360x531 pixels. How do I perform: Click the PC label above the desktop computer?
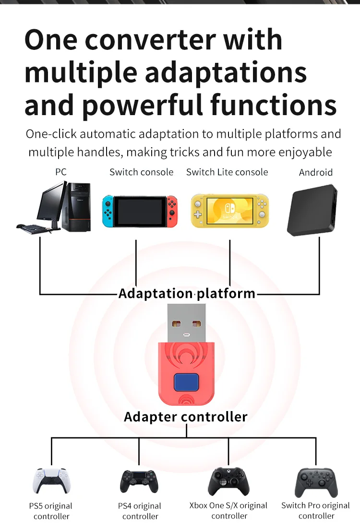point(60,172)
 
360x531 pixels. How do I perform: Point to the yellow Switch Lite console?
point(229,210)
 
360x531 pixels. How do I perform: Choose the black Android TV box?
point(312,211)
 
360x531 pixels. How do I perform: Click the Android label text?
point(315,172)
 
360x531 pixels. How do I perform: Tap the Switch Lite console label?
point(227,172)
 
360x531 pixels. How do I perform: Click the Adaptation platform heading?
point(187,293)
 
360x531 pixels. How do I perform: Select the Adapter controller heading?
point(185,416)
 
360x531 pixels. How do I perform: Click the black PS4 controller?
point(139,482)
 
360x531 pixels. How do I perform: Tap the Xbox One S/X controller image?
point(228,481)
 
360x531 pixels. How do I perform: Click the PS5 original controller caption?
point(51,511)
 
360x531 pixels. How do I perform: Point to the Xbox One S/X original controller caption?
point(228,511)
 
